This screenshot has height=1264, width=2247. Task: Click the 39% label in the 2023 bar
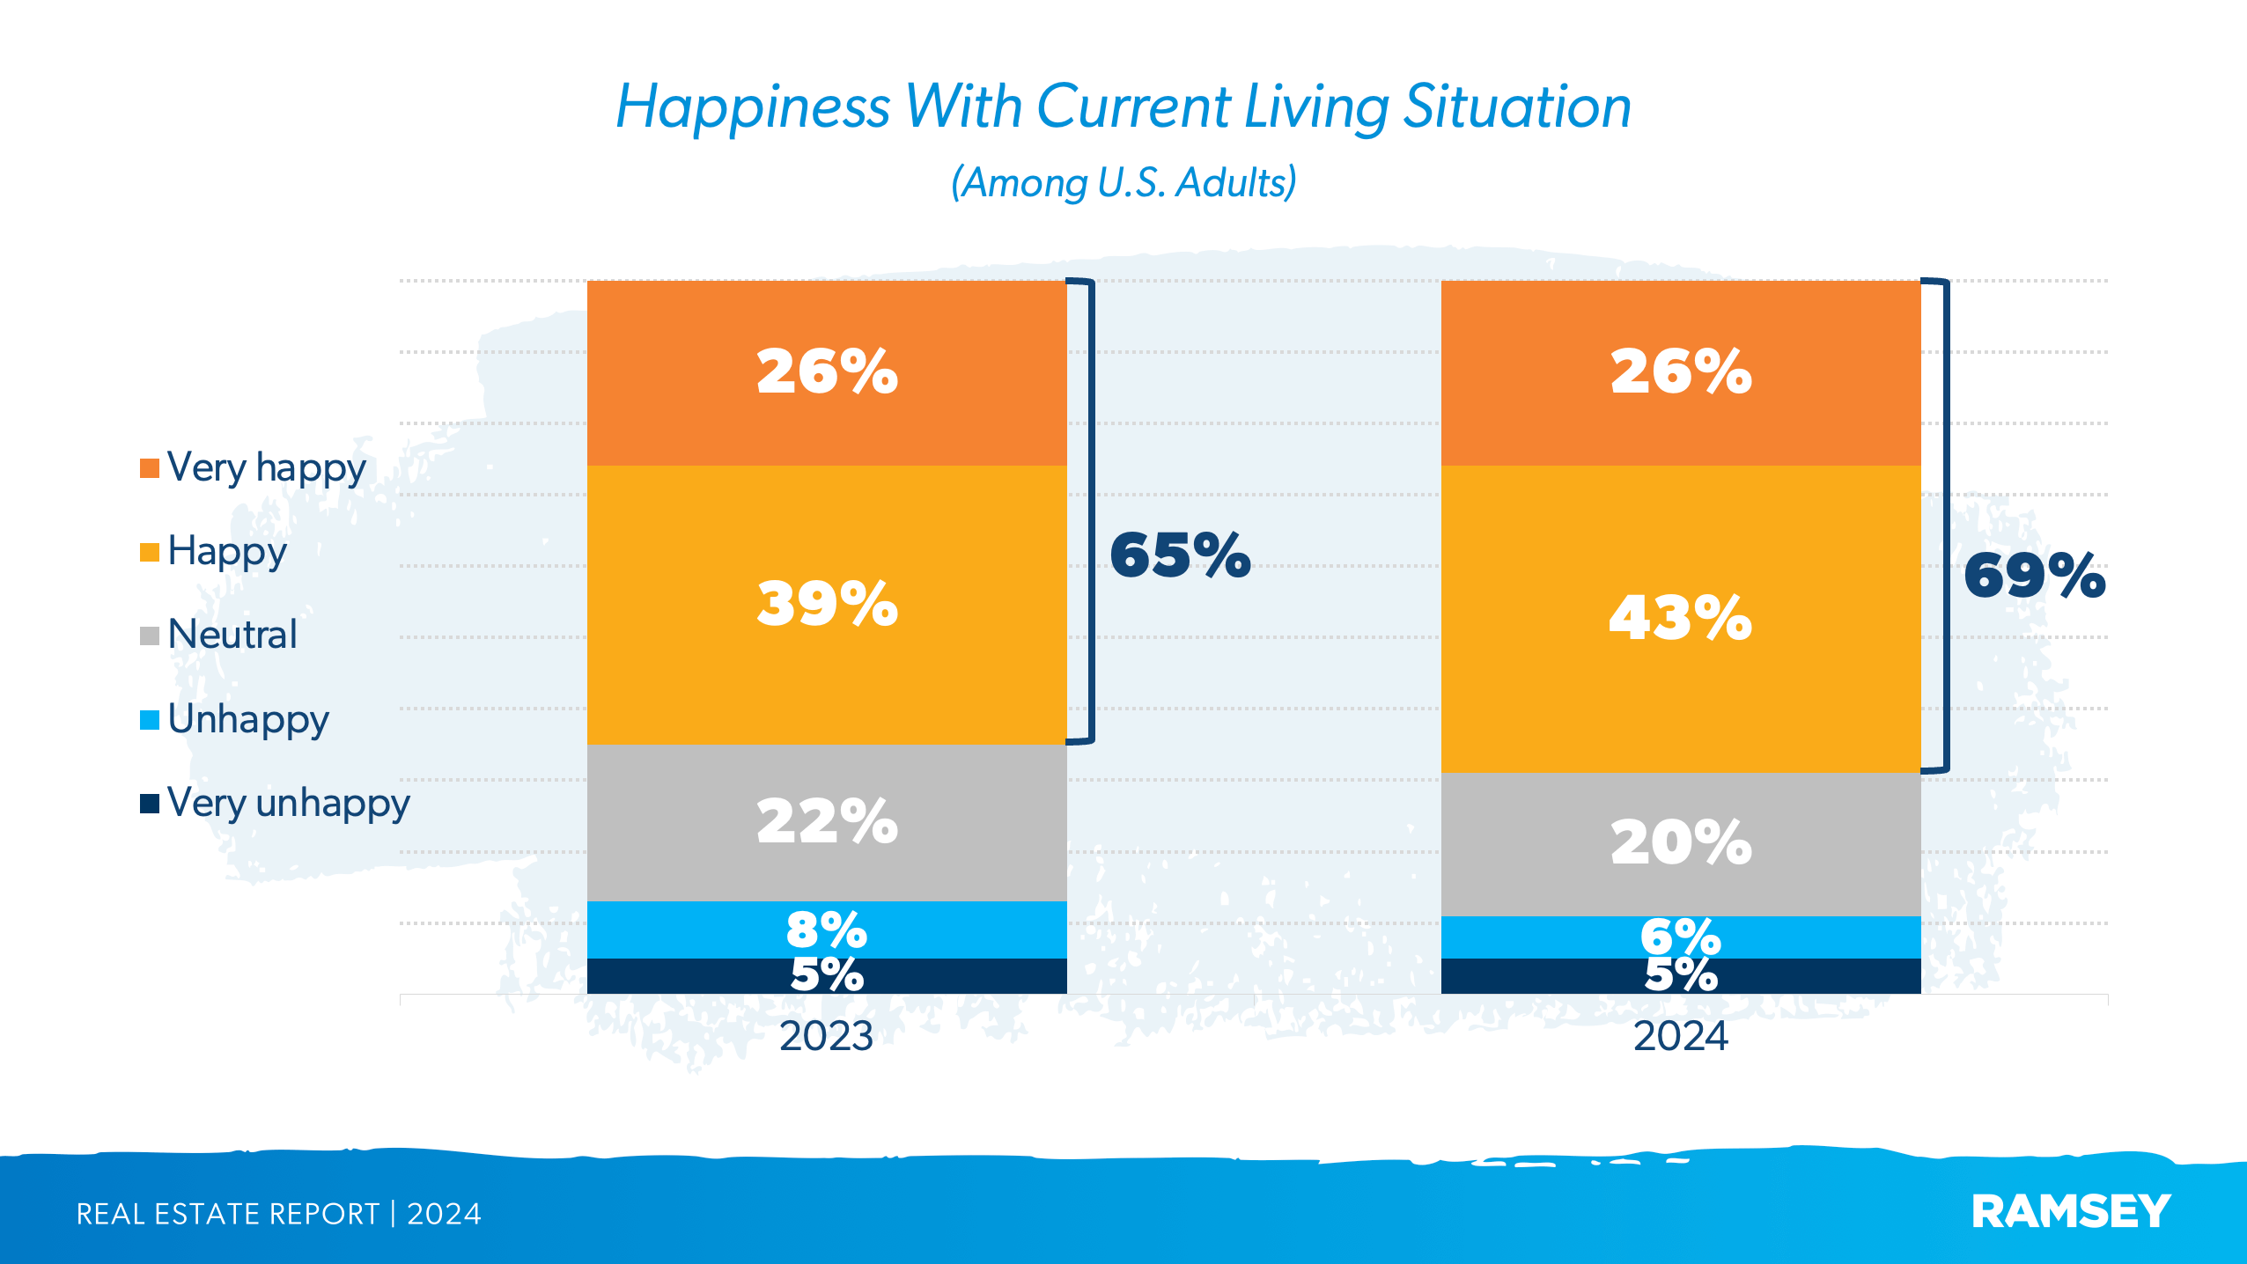click(827, 604)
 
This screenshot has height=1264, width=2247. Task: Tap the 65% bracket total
click(1180, 555)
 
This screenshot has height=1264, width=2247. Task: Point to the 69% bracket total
click(2034, 577)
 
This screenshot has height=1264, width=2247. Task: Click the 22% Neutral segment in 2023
click(827, 821)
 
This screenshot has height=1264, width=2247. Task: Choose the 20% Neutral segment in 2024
click(1680, 842)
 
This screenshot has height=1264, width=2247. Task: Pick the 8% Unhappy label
click(827, 929)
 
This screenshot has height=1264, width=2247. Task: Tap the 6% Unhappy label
click(1680, 936)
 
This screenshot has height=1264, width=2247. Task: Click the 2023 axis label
click(826, 1036)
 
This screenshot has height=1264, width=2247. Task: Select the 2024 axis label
click(1680, 1036)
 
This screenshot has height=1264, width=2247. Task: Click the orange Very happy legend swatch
click(150, 468)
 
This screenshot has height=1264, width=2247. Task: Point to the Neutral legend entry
click(232, 635)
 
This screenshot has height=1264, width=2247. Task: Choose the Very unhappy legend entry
click(288, 803)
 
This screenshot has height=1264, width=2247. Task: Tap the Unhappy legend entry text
click(248, 719)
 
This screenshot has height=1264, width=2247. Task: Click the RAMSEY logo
click(2071, 1212)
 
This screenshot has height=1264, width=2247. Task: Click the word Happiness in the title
click(753, 107)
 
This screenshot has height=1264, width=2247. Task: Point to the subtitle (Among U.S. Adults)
click(1123, 183)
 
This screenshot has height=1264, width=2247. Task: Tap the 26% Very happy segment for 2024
click(1680, 372)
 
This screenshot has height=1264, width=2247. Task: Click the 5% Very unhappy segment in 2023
click(827, 975)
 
